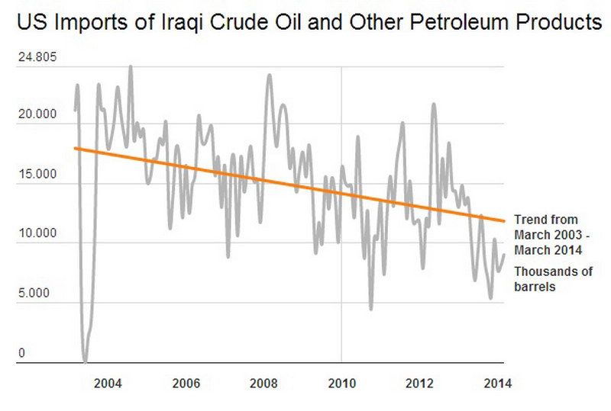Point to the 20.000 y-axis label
pos(37,115)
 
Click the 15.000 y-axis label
pos(37,175)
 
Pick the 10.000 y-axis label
pos(37,234)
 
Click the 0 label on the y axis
pos(22,353)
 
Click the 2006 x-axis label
pos(186,382)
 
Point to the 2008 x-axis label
pos(263,382)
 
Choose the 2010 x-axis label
pos(341,382)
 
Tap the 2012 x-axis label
pos(420,382)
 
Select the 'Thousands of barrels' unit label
pos(552,279)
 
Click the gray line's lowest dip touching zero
pos(85,361)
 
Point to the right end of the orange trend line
pos(504,221)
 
